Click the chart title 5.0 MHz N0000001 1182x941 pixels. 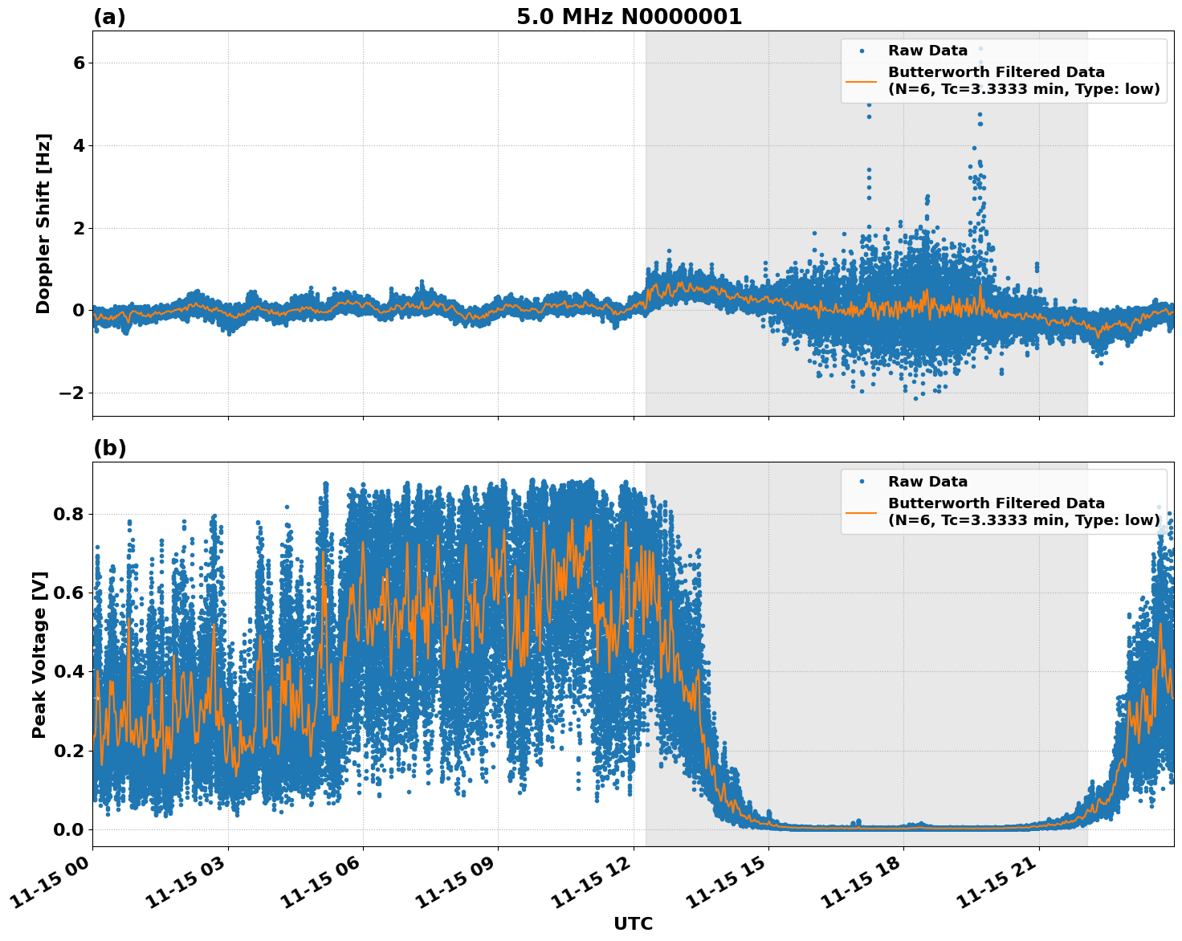[629, 17]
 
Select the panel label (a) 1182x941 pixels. [109, 17]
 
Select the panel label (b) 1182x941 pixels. [109, 448]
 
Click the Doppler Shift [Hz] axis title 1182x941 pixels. [43, 223]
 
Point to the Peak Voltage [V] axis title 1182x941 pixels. [40, 654]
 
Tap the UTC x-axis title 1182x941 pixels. [633, 923]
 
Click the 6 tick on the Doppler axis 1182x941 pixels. [79, 63]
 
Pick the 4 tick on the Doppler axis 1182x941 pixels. [79, 145]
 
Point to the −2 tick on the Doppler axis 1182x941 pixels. [73, 393]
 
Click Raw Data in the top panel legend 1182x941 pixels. [927, 51]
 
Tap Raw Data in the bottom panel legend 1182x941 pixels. [927, 482]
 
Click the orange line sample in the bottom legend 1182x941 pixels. [862, 511]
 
